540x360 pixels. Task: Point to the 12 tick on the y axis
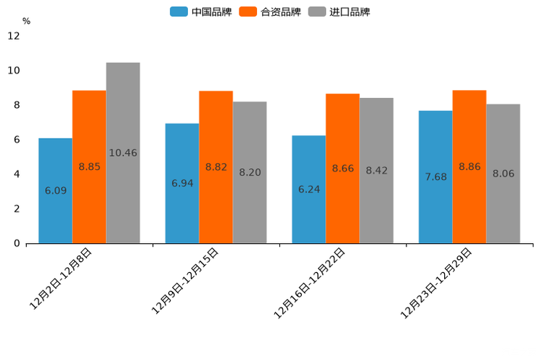pyautogui.click(x=14, y=36)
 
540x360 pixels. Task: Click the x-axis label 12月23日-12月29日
pyautogui.click(x=437, y=282)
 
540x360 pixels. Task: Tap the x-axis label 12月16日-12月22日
pyautogui.click(x=310, y=282)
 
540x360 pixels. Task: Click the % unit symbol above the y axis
pyautogui.click(x=26, y=21)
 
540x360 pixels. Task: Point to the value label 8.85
pyautogui.click(x=89, y=167)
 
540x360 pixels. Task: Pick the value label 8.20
pyautogui.click(x=250, y=173)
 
